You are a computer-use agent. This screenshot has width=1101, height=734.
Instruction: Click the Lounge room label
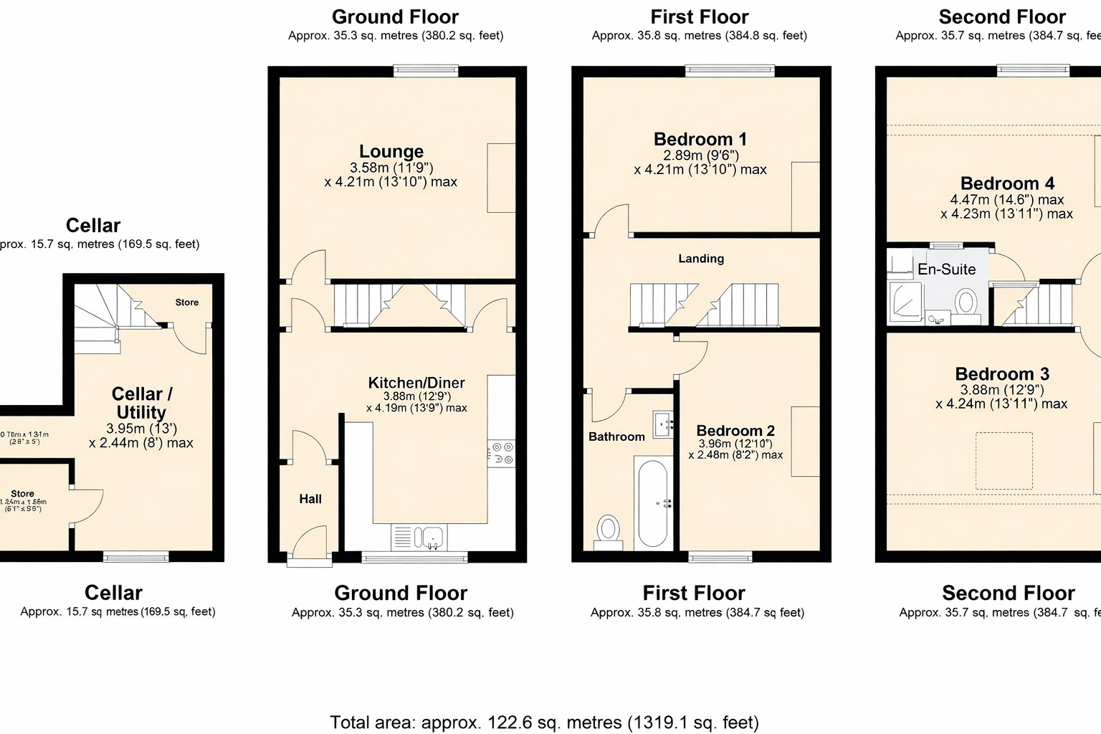coord(391,151)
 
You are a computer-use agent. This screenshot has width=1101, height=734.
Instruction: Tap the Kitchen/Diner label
coord(416,383)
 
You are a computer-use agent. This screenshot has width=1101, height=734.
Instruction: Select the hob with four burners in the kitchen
coord(502,453)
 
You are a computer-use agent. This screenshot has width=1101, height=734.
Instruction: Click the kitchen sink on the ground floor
coord(432,535)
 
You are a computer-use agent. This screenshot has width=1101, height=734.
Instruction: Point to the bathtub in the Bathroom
coord(652,503)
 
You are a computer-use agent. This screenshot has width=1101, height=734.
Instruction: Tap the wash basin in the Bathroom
coord(663,423)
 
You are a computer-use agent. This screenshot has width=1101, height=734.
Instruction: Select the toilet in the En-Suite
coord(966,302)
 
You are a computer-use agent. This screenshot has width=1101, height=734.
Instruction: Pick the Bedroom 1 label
coord(700,139)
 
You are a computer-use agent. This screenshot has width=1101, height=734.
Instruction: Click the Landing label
coord(701,259)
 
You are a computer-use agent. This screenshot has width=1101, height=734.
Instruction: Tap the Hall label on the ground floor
coord(310,499)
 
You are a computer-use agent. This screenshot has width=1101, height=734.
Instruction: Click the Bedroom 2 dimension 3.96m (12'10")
coord(735,444)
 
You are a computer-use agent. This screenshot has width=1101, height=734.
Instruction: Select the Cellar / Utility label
coord(141,403)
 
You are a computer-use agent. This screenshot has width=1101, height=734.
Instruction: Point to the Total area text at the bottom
coord(544,722)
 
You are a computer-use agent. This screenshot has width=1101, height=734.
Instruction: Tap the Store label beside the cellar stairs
coord(187,302)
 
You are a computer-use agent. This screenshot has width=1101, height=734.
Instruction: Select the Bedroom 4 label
coord(1007,183)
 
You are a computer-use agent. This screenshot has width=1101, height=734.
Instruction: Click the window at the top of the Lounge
coord(426,70)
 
